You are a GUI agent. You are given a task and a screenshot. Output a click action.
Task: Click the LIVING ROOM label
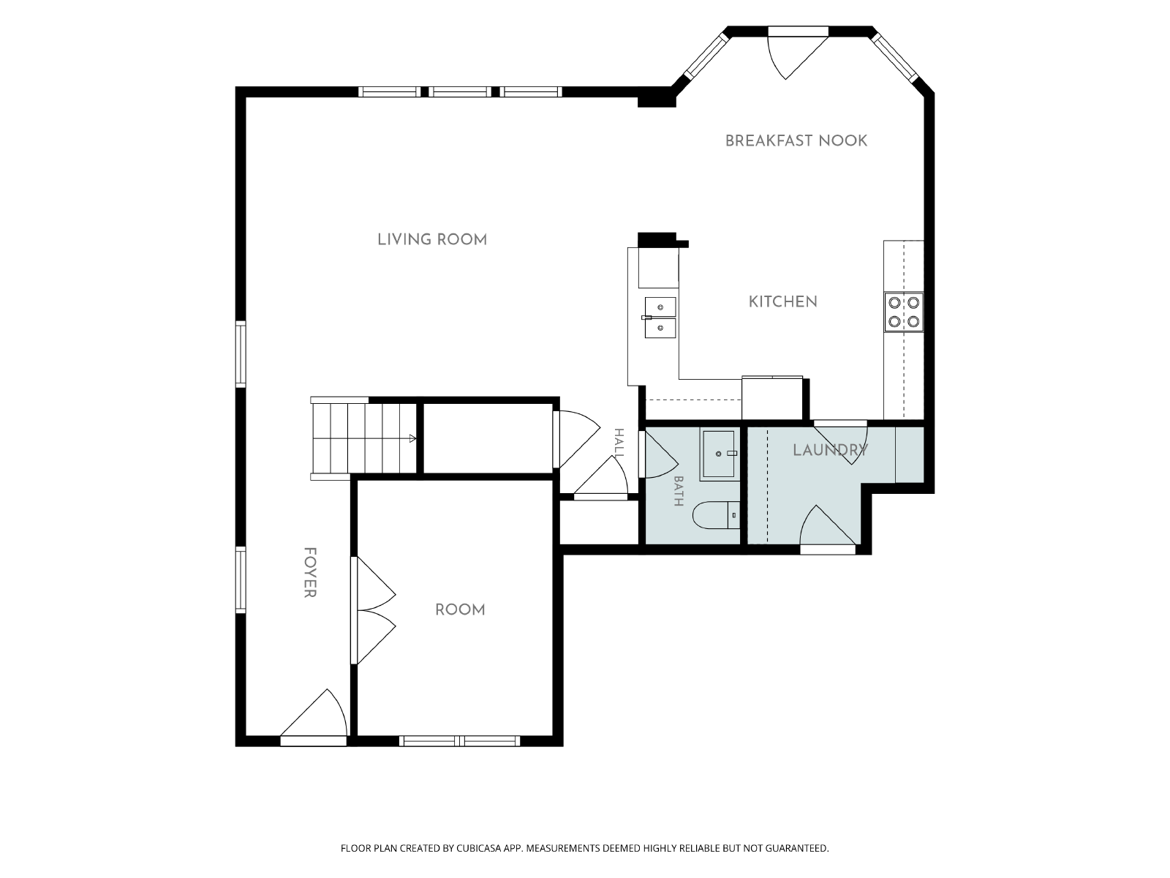click(x=432, y=240)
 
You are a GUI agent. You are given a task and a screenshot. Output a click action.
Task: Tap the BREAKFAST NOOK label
click(x=796, y=140)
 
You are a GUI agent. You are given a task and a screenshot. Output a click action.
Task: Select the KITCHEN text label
click(x=783, y=302)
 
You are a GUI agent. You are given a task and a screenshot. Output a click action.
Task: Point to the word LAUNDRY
click(x=830, y=451)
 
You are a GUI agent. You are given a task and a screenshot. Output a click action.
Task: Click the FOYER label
click(x=310, y=573)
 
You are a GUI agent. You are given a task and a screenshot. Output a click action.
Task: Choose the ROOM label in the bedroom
click(x=460, y=610)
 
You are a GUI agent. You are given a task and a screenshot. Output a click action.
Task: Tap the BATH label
click(x=679, y=491)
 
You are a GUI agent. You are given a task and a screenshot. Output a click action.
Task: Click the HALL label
click(x=619, y=443)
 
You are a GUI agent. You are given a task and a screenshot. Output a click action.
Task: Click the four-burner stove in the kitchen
click(x=904, y=312)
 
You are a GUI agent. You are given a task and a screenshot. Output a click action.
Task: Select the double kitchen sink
click(x=660, y=318)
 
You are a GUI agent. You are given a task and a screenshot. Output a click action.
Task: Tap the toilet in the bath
click(x=717, y=515)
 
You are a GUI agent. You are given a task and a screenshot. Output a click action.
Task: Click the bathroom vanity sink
click(x=720, y=454)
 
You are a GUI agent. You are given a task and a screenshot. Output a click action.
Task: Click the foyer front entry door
click(x=314, y=718)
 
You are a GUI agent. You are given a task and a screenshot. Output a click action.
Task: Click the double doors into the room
click(x=373, y=610)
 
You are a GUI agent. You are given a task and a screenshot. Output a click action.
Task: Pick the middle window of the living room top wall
click(x=460, y=91)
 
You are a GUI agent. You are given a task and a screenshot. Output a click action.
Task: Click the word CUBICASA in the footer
click(x=479, y=848)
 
